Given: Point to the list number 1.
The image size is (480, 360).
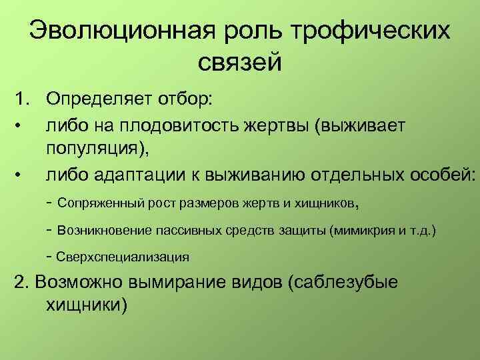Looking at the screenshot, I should [22, 99].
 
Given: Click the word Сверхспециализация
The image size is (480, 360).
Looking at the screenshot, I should [123, 256].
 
